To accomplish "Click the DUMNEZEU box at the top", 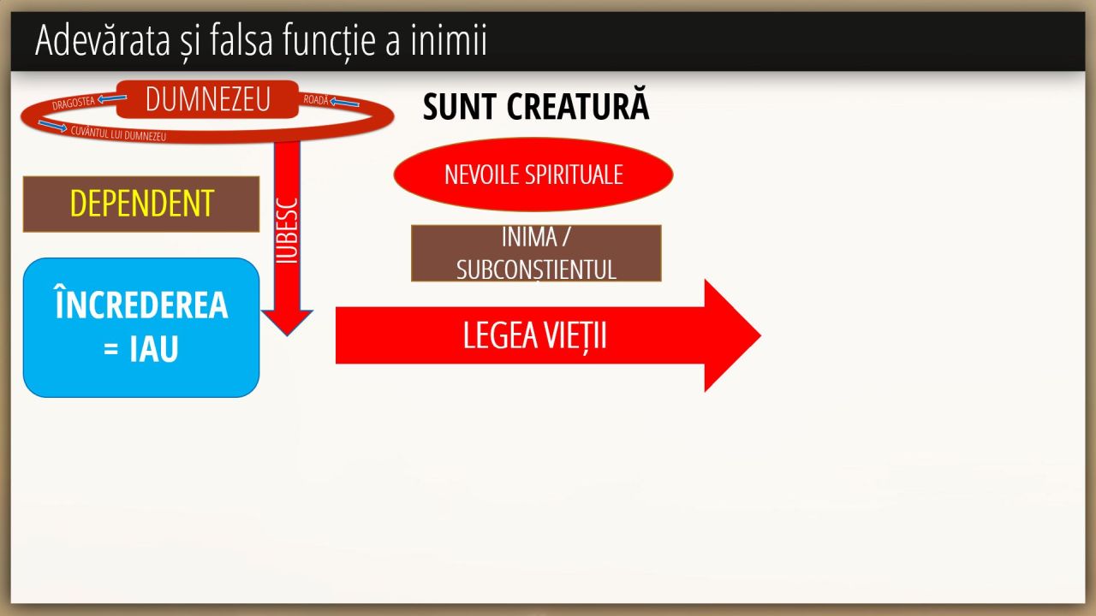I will [x=207, y=99].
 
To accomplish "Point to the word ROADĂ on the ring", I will [x=316, y=100].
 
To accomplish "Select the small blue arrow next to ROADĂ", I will [x=345, y=104].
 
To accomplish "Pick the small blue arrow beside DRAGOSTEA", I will [x=111, y=99].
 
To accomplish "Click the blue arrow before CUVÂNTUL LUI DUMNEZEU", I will [x=52, y=127].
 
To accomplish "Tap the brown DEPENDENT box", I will [x=141, y=204].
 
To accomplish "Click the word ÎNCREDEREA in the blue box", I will [x=141, y=305].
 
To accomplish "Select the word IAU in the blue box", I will [x=154, y=349].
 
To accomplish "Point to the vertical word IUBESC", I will [x=289, y=232].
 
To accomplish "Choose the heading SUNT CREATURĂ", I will [x=536, y=107].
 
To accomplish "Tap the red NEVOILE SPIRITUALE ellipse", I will [x=533, y=175].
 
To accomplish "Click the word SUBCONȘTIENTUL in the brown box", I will [x=536, y=269].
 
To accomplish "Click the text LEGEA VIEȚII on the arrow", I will [x=534, y=335].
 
